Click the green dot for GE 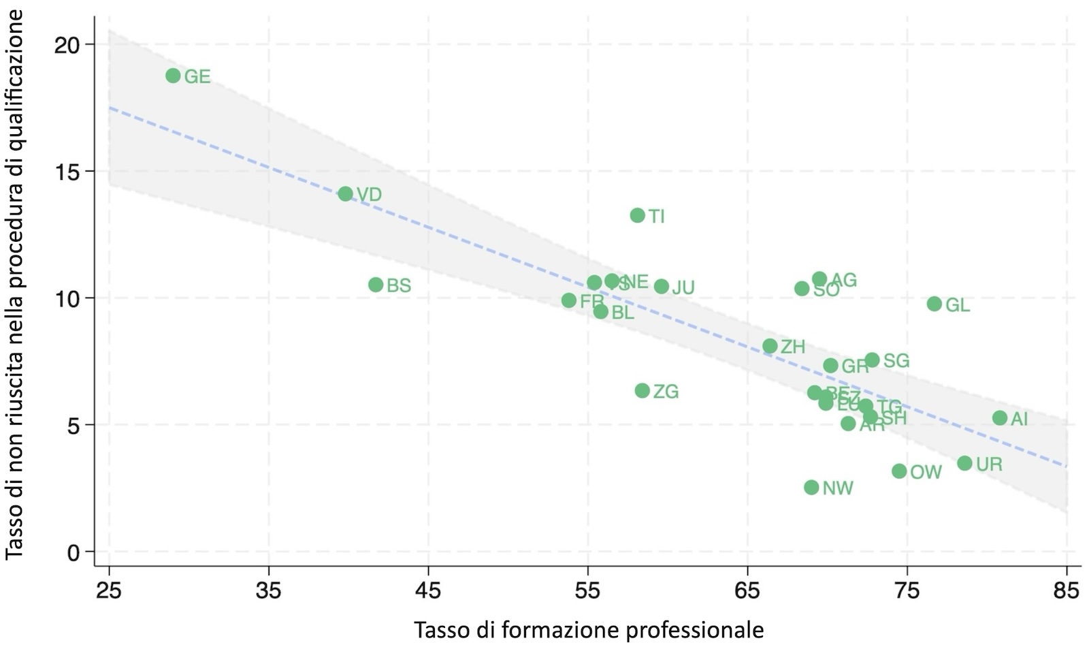tap(173, 76)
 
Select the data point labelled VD tap(345, 193)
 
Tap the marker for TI tap(637, 215)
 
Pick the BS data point tap(376, 285)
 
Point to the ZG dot tap(642, 390)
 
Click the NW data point tap(811, 487)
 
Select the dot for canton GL tap(934, 304)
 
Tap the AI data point tap(1000, 418)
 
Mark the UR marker tap(964, 463)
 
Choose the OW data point tap(899, 471)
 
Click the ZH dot tap(770, 346)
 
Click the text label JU tap(683, 288)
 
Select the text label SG tap(896, 361)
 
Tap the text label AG tap(844, 280)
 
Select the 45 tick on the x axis tap(428, 590)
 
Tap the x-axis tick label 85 tap(1066, 590)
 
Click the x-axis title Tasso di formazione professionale tap(588, 629)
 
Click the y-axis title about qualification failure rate tap(15, 284)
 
